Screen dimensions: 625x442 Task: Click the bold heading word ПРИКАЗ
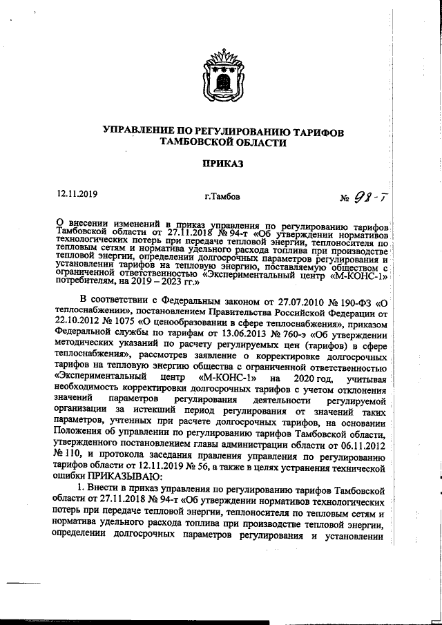tap(222, 164)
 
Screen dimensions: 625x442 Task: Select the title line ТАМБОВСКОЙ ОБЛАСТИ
tap(222, 142)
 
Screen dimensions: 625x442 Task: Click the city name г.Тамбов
tap(223, 197)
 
